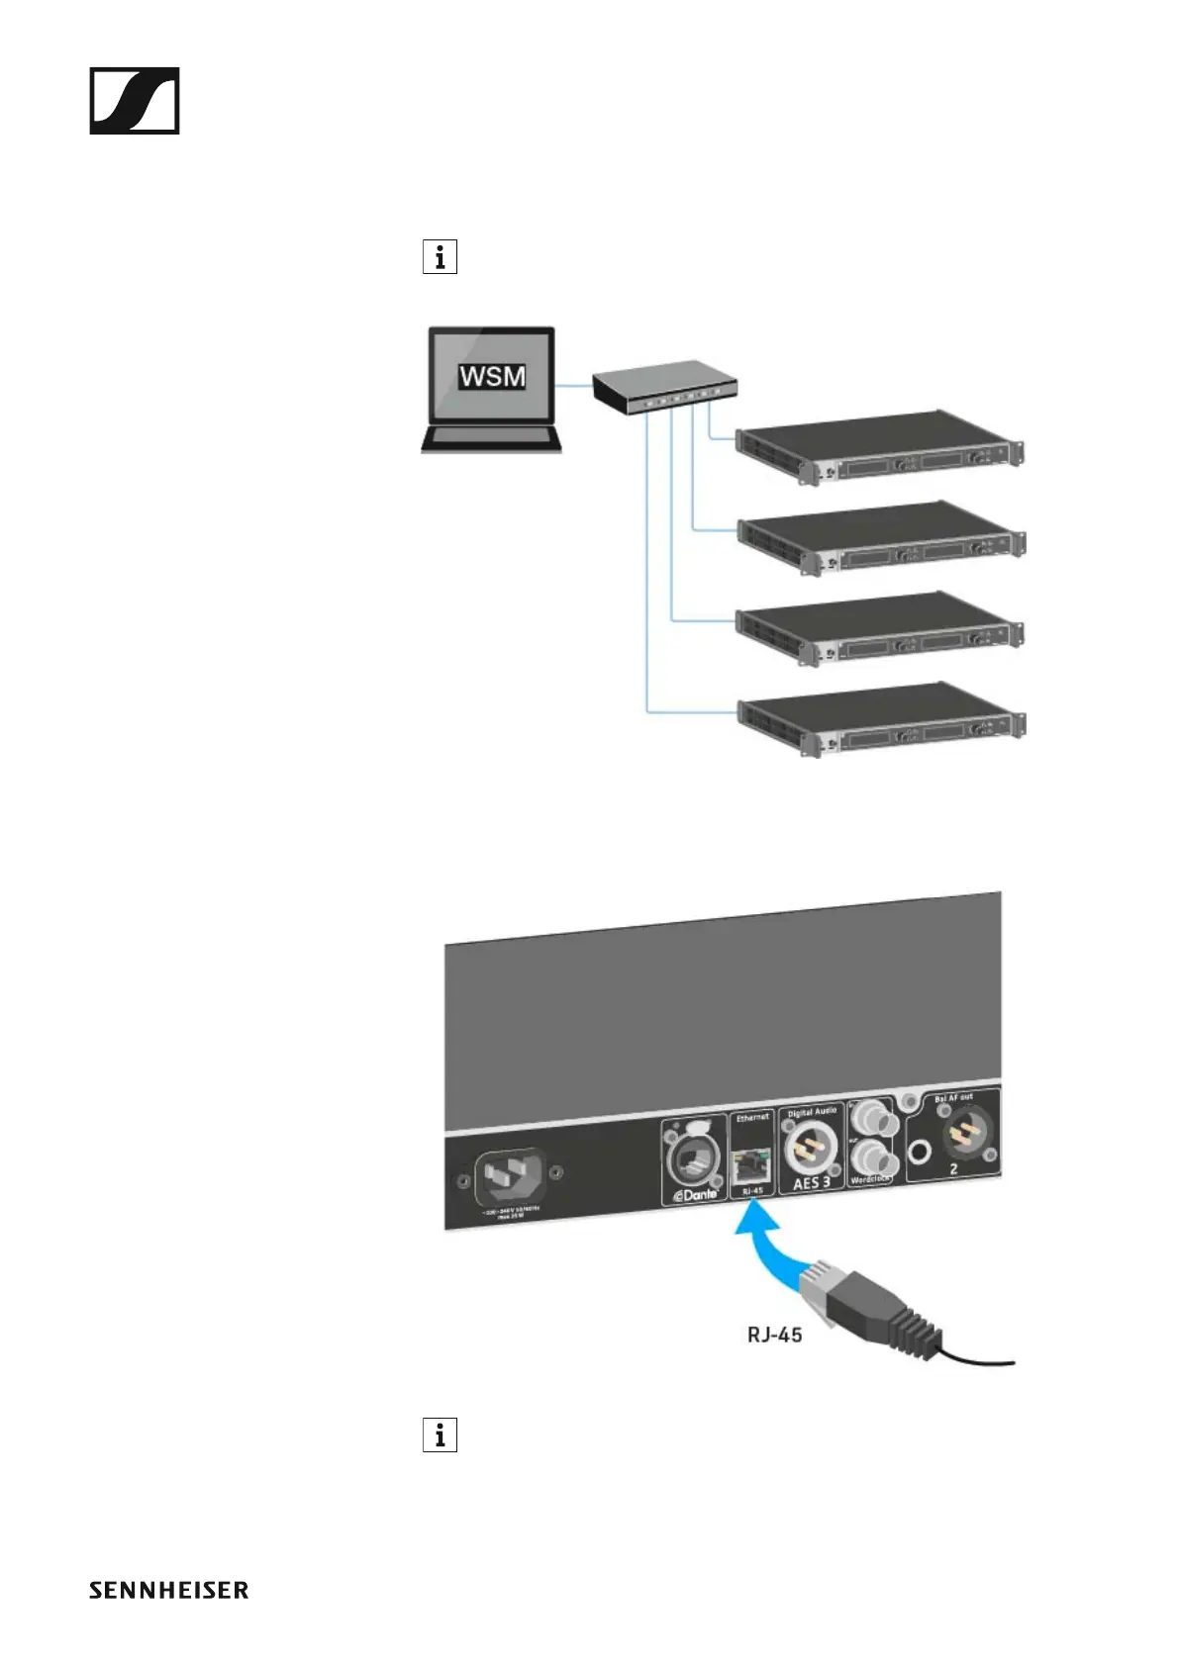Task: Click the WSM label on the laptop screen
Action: pos(492,377)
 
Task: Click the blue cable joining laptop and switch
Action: pos(573,386)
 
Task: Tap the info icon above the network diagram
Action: pos(440,257)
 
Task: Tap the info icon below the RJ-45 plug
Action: pos(440,1435)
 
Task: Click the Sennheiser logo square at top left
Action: pos(135,101)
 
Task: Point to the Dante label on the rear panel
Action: pos(696,1194)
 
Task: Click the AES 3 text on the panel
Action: pos(812,1182)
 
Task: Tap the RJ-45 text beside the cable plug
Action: pos(774,1335)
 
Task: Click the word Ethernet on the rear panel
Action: pos(752,1118)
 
